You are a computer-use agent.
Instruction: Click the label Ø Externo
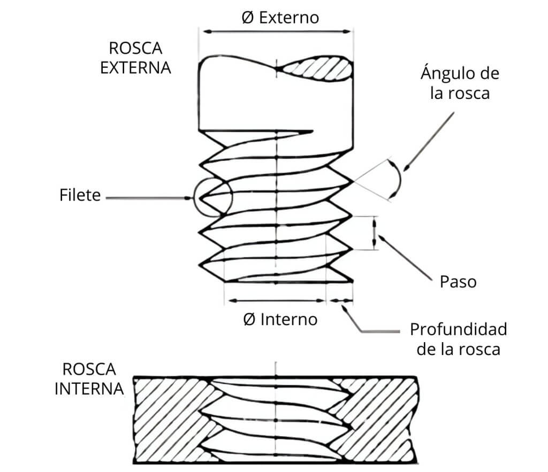(x=280, y=18)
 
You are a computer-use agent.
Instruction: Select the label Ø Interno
(x=280, y=320)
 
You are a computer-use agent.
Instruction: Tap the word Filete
(x=80, y=195)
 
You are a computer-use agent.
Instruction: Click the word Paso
(x=458, y=281)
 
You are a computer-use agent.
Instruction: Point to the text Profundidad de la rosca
(x=458, y=339)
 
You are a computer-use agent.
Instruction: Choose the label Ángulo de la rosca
(x=459, y=83)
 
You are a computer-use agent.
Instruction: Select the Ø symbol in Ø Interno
(x=249, y=320)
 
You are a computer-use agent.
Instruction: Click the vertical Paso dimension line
(x=375, y=233)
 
